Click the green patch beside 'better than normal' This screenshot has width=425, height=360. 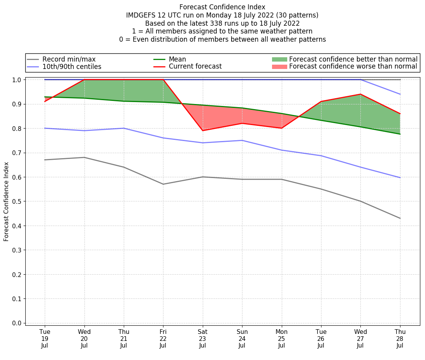tap(279, 59)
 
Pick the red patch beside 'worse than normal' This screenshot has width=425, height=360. tap(279, 67)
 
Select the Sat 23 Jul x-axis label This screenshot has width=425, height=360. tap(202, 339)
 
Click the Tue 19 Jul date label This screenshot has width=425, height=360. tap(45, 339)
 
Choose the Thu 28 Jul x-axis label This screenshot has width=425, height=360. tap(400, 339)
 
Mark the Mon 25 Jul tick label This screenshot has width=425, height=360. tap(281, 339)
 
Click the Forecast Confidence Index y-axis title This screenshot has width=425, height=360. tap(6, 202)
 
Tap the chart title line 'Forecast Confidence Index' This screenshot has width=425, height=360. tap(222, 7)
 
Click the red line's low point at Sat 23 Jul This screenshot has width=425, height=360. tap(202, 131)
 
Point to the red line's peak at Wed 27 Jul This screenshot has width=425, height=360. tap(360, 94)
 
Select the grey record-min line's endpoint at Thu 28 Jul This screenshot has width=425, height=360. tap(400, 218)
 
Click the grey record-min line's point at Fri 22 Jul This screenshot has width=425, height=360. tap(163, 184)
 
